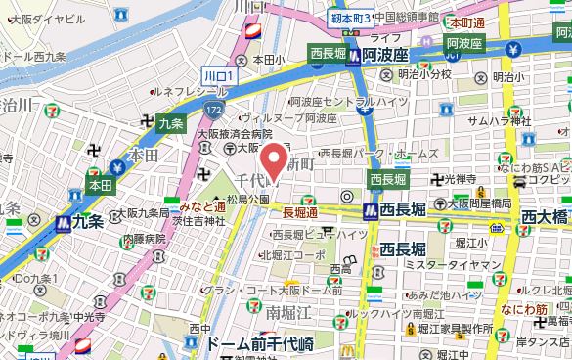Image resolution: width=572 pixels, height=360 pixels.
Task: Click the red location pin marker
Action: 276,158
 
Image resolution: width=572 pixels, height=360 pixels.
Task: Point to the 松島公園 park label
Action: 248,200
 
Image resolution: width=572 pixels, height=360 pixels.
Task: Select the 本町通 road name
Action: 468,21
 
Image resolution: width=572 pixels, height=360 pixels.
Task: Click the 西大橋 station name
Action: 546,215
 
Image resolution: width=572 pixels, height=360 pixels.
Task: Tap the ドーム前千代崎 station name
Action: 259,343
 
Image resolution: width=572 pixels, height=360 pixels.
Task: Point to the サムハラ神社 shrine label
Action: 499,120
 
